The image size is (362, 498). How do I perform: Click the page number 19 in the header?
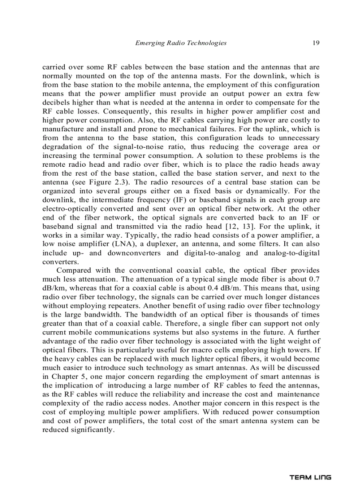pos(316,43)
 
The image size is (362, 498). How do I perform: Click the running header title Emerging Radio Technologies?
pos(180,43)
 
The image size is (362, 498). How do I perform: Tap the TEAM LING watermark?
pos(310,478)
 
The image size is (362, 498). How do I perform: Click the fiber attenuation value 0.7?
pos(314,279)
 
